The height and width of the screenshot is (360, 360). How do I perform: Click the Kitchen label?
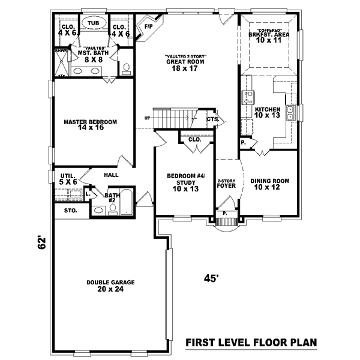pos(267,110)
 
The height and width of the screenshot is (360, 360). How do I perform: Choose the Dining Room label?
pos(269,181)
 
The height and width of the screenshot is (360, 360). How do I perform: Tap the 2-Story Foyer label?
pos(226,184)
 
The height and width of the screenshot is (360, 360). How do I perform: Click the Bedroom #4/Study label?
pos(185,176)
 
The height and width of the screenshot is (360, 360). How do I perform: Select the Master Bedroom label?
pos(90,122)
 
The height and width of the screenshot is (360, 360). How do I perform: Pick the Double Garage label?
pos(110,282)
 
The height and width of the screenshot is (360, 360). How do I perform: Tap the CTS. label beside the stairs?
pos(212,119)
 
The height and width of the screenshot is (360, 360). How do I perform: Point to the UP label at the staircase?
pos(146,118)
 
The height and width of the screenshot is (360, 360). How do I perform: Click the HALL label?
pos(110,175)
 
